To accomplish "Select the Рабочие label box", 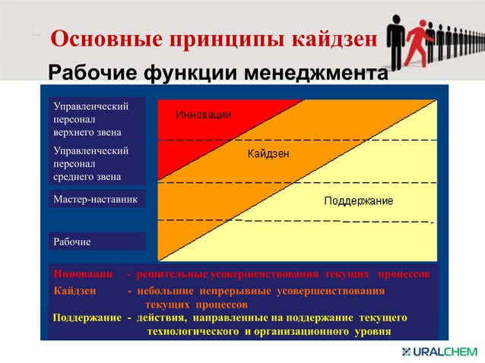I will (95, 241).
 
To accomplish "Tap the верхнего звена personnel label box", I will (95, 118).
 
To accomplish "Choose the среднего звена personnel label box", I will (95, 164).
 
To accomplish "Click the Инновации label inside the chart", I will (204, 115).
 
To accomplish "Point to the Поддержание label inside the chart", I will (358, 201).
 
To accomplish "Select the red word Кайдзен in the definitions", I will (75, 291).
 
